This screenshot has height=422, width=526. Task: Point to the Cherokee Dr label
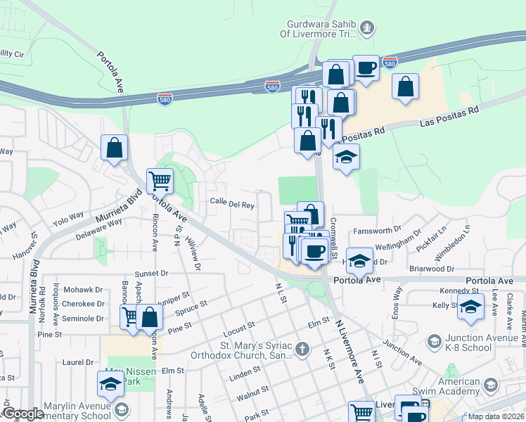83,304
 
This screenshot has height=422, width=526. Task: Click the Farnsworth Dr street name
377,229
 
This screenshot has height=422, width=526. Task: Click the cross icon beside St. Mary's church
302,349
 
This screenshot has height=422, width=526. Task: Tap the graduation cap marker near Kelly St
470,306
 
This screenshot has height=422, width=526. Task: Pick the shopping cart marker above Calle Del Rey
160,181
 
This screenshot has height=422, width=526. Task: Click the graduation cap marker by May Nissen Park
110,384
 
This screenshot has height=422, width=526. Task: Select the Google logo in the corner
23,414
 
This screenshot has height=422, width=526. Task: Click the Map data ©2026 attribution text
495,416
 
